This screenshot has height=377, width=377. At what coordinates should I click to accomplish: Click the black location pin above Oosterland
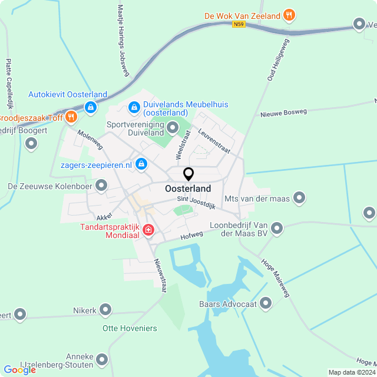tap(188, 174)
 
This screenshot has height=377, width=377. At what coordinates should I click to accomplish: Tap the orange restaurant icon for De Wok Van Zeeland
tap(289, 15)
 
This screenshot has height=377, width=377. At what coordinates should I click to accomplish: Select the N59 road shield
tap(239, 24)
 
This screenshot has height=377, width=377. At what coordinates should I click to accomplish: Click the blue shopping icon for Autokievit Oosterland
tap(90, 107)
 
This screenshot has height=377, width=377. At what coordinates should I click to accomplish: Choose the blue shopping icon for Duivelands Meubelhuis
tap(134, 108)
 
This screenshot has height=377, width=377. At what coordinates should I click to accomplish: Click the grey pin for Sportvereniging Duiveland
tap(173, 127)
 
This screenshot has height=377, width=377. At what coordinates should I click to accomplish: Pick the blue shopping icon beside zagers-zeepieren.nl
tap(141, 164)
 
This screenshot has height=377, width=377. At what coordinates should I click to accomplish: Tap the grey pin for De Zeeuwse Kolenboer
tap(102, 186)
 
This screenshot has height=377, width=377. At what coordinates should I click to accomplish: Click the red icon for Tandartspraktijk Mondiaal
tap(148, 230)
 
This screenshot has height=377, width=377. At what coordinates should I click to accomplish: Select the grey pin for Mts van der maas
tap(300, 198)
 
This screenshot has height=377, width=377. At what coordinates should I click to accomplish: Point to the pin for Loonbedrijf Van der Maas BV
tap(276, 227)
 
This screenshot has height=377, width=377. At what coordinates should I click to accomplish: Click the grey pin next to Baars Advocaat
tap(266, 304)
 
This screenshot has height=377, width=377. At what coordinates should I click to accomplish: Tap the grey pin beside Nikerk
tap(105, 309)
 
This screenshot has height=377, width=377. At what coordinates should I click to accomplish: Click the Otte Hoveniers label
tap(130, 328)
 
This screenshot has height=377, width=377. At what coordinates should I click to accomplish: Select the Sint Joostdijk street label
tap(197, 203)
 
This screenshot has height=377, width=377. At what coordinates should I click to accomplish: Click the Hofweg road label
tap(192, 234)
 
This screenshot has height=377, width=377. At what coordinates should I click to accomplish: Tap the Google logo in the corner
tap(20, 369)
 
